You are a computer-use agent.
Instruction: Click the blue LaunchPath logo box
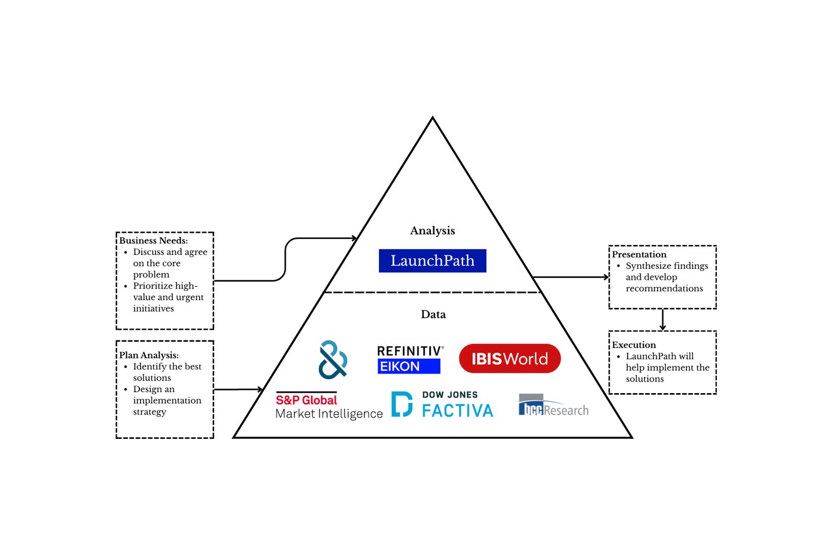click(432, 261)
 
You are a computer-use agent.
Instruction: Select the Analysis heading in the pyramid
click(432, 231)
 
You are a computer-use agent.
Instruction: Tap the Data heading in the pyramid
click(433, 314)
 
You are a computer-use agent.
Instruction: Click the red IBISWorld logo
click(510, 358)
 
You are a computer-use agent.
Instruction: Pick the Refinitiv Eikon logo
click(410, 359)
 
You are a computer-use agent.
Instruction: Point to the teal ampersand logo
click(333, 359)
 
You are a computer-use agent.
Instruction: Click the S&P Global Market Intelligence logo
click(328, 406)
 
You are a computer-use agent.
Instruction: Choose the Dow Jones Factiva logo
click(443, 404)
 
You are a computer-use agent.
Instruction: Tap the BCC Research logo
click(553, 406)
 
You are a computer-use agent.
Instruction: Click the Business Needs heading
click(153, 240)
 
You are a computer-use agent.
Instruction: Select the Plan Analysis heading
click(149, 355)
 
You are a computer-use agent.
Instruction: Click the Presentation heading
click(639, 254)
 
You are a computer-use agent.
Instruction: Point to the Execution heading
click(634, 345)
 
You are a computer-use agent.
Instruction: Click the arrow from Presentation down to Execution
click(663, 319)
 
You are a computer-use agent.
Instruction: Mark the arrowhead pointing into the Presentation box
click(606, 277)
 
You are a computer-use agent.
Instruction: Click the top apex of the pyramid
click(432, 119)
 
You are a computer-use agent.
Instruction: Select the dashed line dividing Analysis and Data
click(432, 293)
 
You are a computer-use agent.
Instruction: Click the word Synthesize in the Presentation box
click(646, 266)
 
